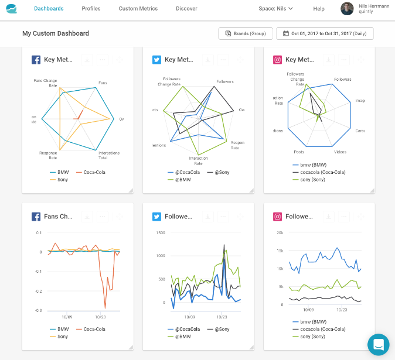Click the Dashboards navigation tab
pos(49,9)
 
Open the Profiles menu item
pos(91,9)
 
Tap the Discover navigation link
pos(186,9)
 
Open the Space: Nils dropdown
pos(275,9)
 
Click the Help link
pos(319,9)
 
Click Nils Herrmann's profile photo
pos(347,9)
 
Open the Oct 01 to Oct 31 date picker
pos(325,33)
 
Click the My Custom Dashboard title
pos(56,33)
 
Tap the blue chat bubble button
pos(378,344)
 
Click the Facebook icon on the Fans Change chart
pos(36,217)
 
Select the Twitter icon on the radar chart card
pos(156,60)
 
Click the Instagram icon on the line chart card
pos(277,217)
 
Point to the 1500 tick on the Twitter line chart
pos(160,232)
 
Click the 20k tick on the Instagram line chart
pos(280,232)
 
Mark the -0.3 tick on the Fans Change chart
pos(38,310)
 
